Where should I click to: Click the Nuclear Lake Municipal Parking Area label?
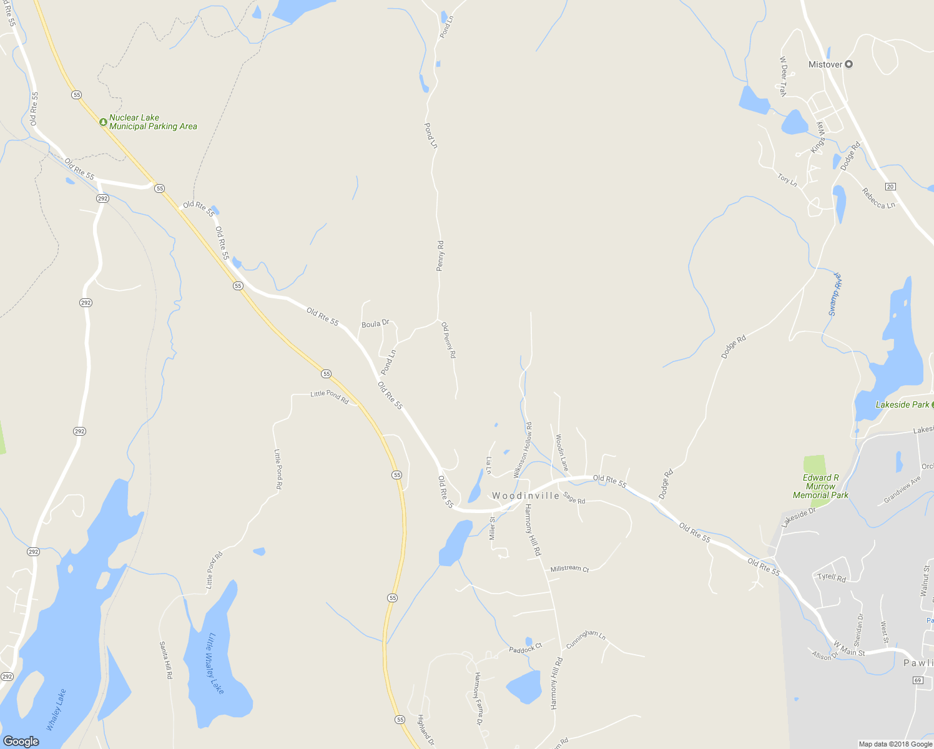coord(153,122)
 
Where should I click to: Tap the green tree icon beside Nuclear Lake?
coord(103,122)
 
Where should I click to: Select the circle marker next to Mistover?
coord(848,64)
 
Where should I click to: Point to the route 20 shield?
coord(890,187)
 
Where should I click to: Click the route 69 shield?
coord(917,680)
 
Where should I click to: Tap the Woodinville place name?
coord(526,496)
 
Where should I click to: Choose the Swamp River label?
coord(835,294)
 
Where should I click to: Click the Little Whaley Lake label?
coord(215,663)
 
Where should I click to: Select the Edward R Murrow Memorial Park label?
coord(820,486)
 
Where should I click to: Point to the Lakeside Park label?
coord(902,405)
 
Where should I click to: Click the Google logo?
coord(21,741)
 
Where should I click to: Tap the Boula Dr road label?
coord(375,323)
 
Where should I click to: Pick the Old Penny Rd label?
coord(449,340)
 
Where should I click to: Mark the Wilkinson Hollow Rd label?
coord(523,450)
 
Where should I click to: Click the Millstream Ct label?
coord(569,569)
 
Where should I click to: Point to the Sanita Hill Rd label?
coord(165,660)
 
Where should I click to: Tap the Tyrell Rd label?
coord(832,577)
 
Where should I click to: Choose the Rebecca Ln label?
coord(878,198)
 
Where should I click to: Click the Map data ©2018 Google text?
coord(895,744)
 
